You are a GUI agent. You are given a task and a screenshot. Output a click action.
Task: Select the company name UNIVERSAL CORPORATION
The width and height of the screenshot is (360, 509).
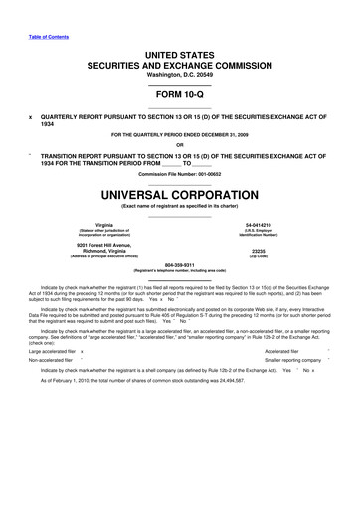[180, 191]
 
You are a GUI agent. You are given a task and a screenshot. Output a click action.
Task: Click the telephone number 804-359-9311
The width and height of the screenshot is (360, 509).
[180, 265]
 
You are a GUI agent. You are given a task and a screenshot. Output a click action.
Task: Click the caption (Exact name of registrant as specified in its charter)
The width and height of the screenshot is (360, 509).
[180, 205]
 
